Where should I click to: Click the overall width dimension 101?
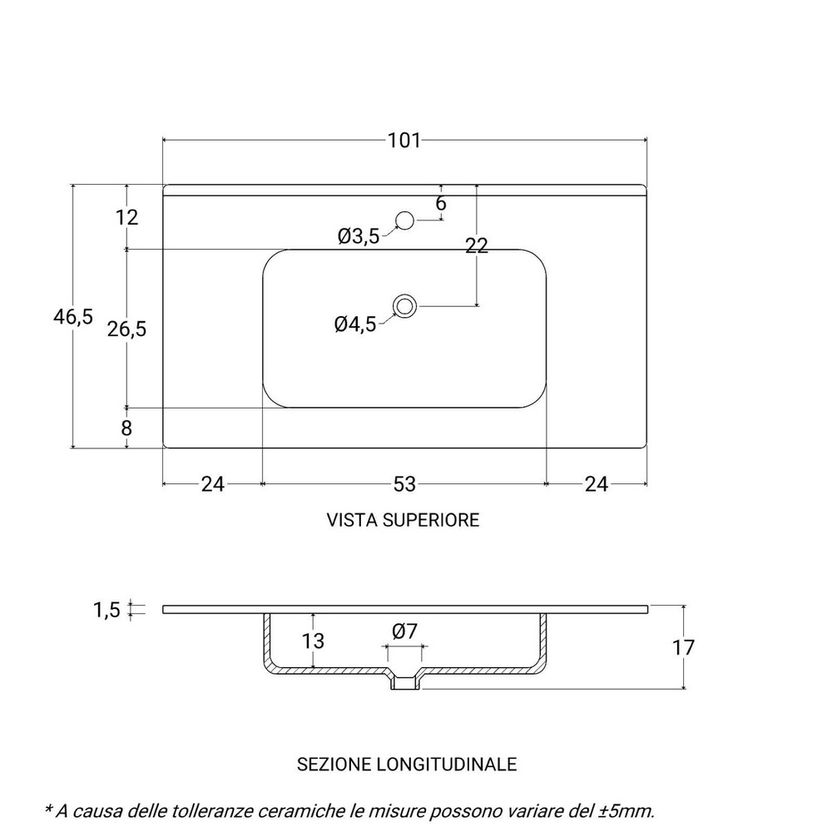(404, 141)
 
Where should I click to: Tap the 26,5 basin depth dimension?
(127, 329)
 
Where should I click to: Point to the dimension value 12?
(126, 218)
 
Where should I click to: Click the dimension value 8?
(126, 428)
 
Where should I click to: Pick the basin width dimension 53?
(404, 483)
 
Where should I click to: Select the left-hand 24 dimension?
(213, 483)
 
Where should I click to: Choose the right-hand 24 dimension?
(597, 483)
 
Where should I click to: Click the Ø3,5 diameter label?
(359, 237)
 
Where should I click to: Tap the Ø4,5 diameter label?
(355, 324)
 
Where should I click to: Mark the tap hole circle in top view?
(405, 220)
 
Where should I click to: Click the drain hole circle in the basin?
(405, 305)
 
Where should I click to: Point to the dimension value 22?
(476, 245)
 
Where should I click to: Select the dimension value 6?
(441, 203)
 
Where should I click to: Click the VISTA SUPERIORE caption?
(404, 520)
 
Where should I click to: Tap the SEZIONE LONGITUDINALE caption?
(407, 763)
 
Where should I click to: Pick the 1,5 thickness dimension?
(108, 611)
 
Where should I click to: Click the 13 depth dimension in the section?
(313, 641)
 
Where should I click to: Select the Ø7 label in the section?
(404, 631)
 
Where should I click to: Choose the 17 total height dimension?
(683, 647)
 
